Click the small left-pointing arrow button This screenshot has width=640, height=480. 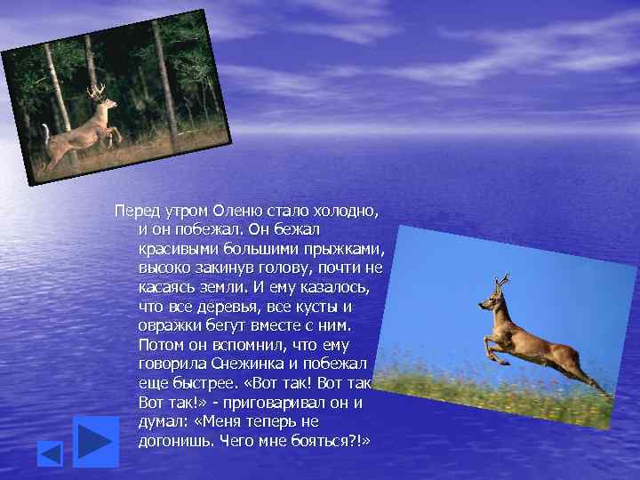50,454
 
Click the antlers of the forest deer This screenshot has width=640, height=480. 97,91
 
